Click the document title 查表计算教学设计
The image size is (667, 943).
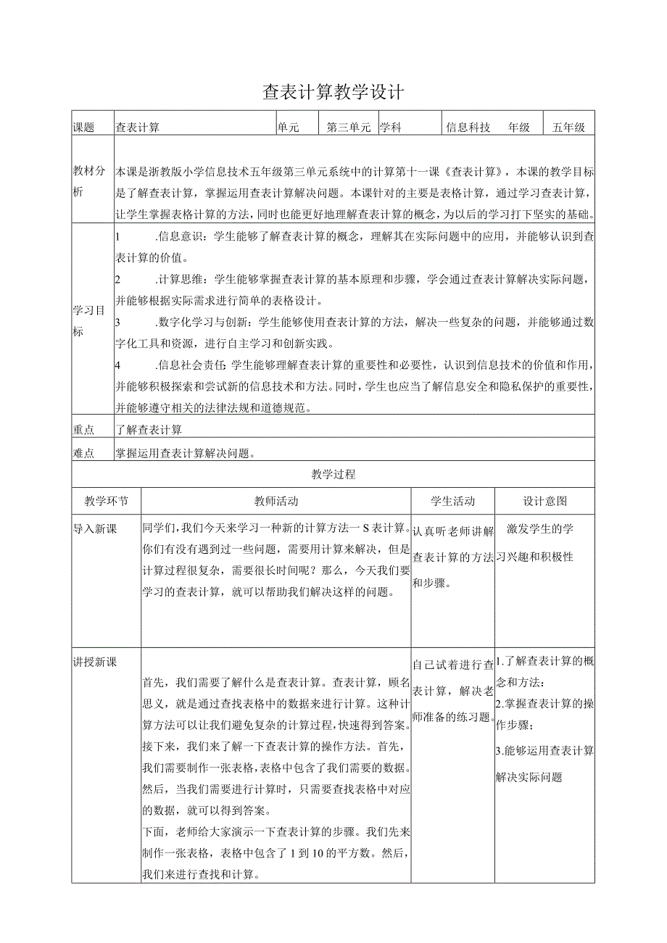coord(333,92)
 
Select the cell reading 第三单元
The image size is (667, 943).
coord(348,128)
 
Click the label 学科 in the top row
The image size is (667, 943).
coord(391,128)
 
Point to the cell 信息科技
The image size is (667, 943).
coord(468,128)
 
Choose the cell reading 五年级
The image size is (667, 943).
coord(568,128)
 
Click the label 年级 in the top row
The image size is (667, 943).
coord(518,128)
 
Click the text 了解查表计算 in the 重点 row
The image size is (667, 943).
coord(149,430)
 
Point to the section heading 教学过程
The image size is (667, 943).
coord(333,475)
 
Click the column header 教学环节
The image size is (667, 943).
coord(107,501)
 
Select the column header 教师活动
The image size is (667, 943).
coord(275,501)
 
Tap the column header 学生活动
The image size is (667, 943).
coord(452,501)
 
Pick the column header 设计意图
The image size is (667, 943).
coord(545,501)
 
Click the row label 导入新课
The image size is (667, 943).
coord(94,528)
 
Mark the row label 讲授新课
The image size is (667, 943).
coord(94,662)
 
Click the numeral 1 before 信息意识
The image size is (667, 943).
coord(118,236)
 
